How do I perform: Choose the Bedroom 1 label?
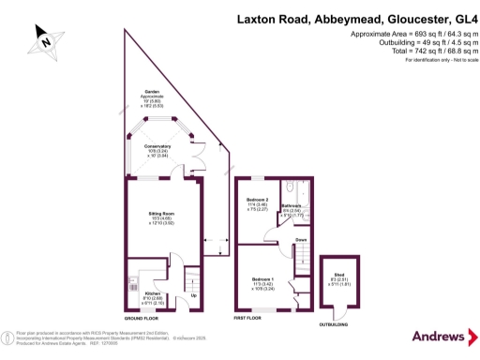coord(263,279)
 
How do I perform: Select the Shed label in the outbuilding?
coord(338,273)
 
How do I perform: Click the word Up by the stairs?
coord(194,296)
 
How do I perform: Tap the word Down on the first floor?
coord(301,240)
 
